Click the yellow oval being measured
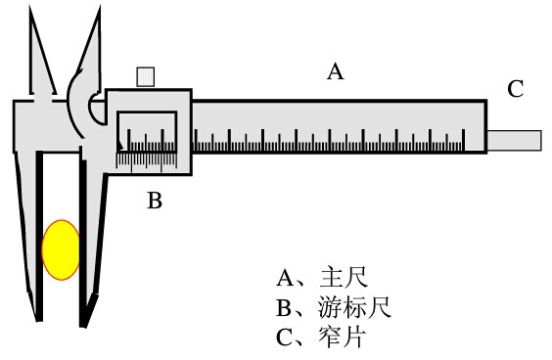[x=61, y=249]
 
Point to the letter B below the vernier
[x=154, y=202]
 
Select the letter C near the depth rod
[x=515, y=89]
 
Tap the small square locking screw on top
[x=147, y=77]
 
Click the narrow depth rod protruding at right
[x=515, y=140]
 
